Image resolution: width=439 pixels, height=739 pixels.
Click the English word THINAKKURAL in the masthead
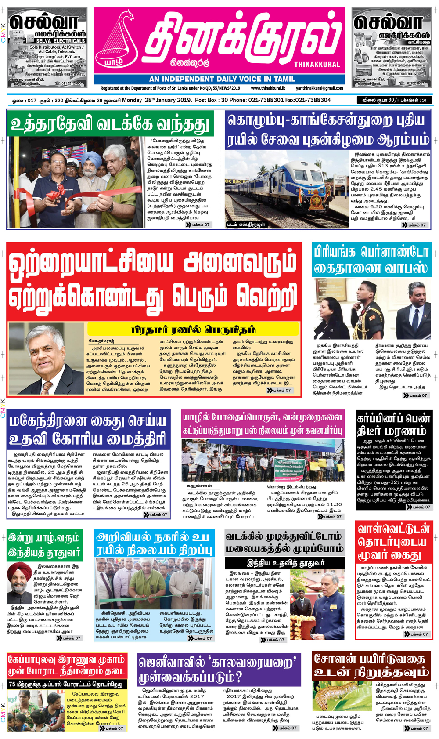pyautogui.click(x=317, y=65)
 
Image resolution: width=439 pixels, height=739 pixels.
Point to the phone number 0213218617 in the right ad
pyautogui.click(x=415, y=83)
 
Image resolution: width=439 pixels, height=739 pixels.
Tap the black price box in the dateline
pyautogui.click(x=394, y=100)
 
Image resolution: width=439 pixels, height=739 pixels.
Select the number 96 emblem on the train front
pyautogui.click(x=310, y=192)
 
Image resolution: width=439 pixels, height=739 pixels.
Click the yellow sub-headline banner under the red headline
pyautogui.click(x=193, y=330)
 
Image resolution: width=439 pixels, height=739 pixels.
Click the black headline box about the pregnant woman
pyautogui.click(x=393, y=424)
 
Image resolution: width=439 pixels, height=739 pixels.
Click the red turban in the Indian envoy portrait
pyautogui.click(x=19, y=570)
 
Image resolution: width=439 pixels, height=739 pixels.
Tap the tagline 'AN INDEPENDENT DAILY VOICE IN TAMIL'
pyautogui.click(x=222, y=79)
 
